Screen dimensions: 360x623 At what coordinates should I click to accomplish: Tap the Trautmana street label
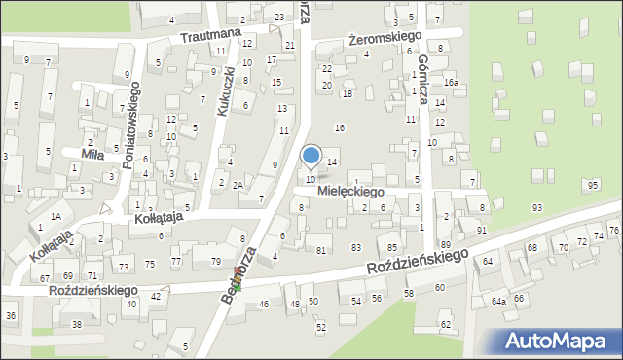[x=209, y=36]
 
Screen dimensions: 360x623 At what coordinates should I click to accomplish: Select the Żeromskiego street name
[x=385, y=37]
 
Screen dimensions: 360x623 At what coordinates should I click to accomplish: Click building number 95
[x=593, y=185]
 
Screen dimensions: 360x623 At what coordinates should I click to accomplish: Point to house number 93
[x=536, y=208]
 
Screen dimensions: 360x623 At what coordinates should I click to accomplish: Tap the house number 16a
[x=451, y=84]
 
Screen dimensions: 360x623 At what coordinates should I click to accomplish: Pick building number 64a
[x=497, y=302]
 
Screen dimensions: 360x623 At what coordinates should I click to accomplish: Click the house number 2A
[x=237, y=185]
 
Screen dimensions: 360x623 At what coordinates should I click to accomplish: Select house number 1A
[x=56, y=216]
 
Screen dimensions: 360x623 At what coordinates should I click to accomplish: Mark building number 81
[x=321, y=251]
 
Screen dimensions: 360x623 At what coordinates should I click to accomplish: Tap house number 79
[x=216, y=261]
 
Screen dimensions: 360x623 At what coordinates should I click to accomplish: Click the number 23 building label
[x=279, y=18]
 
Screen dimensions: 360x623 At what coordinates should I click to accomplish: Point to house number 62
[x=445, y=324]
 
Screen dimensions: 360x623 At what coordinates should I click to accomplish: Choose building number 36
[x=11, y=315]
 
